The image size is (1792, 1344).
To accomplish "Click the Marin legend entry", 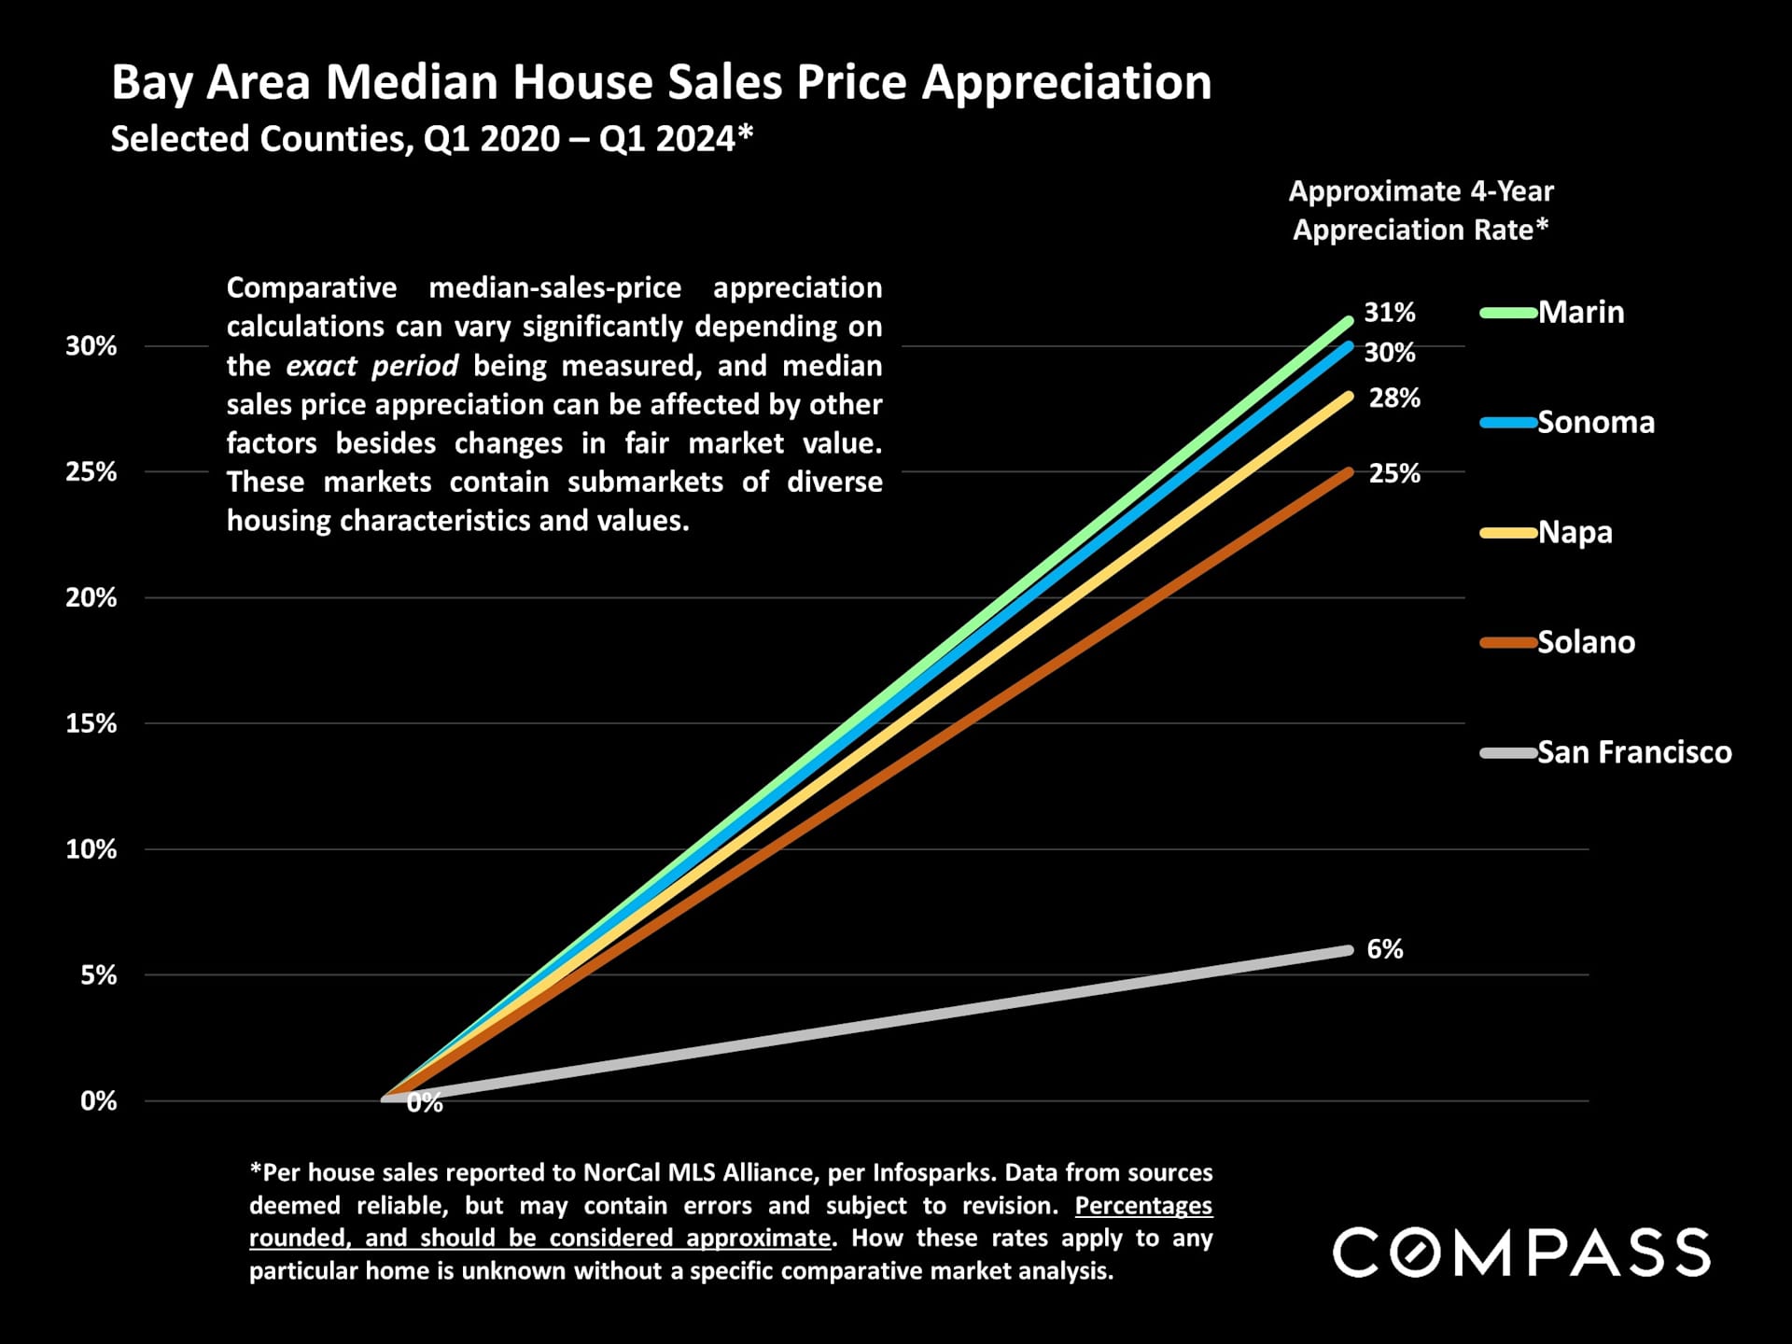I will click(x=1581, y=313).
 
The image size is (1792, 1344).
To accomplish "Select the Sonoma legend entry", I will click(x=1595, y=423).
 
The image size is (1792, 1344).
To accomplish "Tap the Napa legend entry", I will click(x=1575, y=533).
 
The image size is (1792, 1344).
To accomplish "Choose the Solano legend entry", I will click(x=1586, y=643).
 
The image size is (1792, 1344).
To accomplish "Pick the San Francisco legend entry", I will click(x=1633, y=753).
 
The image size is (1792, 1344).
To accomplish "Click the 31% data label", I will click(x=1390, y=313).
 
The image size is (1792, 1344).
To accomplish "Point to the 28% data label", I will click(x=1394, y=399).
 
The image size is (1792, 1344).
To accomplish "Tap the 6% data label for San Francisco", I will click(x=1385, y=950).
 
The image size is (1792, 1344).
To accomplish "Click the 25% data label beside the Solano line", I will click(x=1394, y=474).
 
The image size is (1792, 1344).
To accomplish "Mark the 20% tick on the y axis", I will click(x=91, y=598).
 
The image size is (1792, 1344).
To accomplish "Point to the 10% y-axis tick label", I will click(x=91, y=850).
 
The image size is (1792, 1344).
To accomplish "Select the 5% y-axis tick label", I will click(x=98, y=976).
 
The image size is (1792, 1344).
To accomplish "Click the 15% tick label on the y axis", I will click(x=91, y=724).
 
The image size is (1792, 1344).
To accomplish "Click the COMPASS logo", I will click(x=1521, y=1253).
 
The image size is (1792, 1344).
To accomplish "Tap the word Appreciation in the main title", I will click(x=1067, y=82).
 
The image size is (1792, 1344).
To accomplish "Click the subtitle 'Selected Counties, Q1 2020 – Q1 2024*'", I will click(x=431, y=139).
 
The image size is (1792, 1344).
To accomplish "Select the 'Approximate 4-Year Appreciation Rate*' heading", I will click(x=1421, y=211).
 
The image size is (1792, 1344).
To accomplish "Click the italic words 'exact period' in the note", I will click(x=371, y=366).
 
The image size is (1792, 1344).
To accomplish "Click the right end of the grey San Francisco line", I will click(x=1348, y=950).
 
